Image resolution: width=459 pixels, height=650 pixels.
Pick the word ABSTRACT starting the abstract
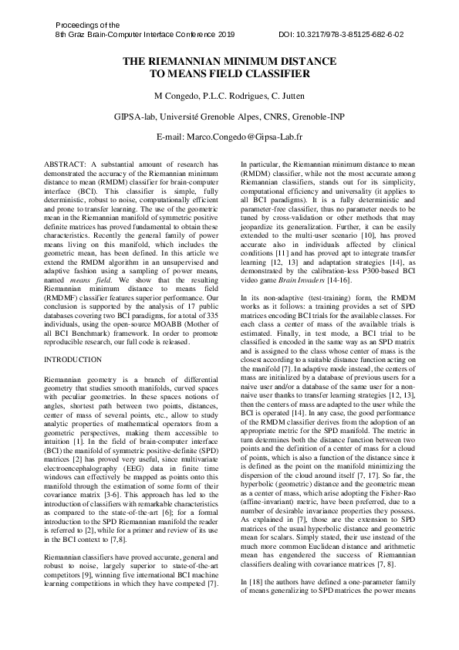(x=65, y=164)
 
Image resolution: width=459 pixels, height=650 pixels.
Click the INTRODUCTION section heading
(x=73, y=360)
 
